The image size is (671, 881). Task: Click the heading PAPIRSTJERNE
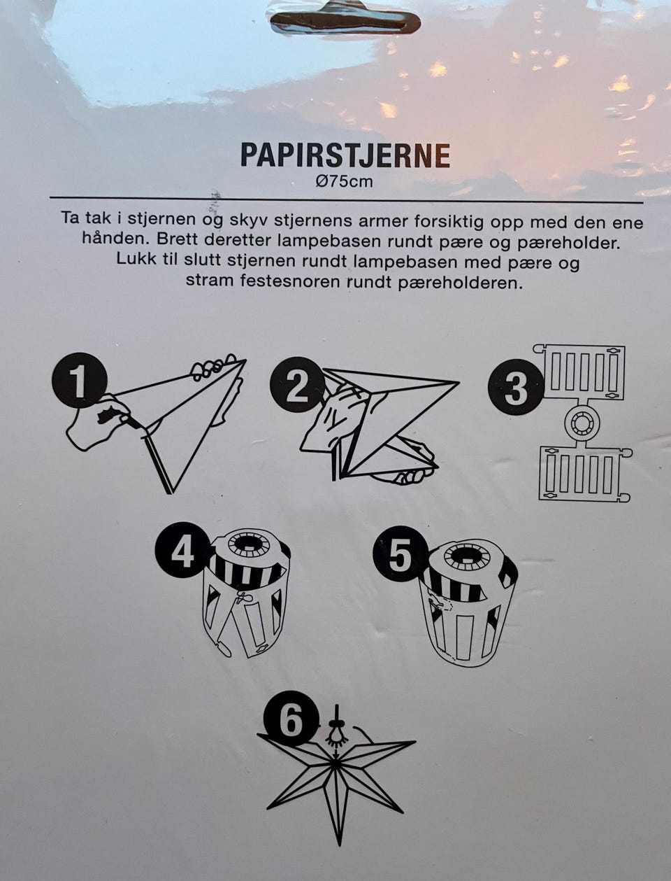click(345, 155)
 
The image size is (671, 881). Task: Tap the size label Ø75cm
click(345, 182)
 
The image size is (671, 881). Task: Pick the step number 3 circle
click(516, 389)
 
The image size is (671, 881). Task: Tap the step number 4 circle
click(182, 554)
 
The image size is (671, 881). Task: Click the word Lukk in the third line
click(136, 263)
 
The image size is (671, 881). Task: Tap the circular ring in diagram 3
click(582, 423)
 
